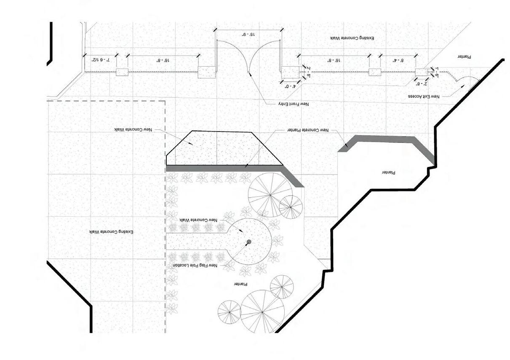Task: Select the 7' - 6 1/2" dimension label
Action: coord(101,60)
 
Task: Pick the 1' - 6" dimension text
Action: coord(437,72)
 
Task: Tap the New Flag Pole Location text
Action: coord(195,266)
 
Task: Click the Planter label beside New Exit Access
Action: coord(464,56)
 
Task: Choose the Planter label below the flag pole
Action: coord(240,285)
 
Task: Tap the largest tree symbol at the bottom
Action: coord(262,312)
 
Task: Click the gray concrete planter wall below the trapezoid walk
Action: coord(227,168)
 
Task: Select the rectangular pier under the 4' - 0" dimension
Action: coord(288,72)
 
